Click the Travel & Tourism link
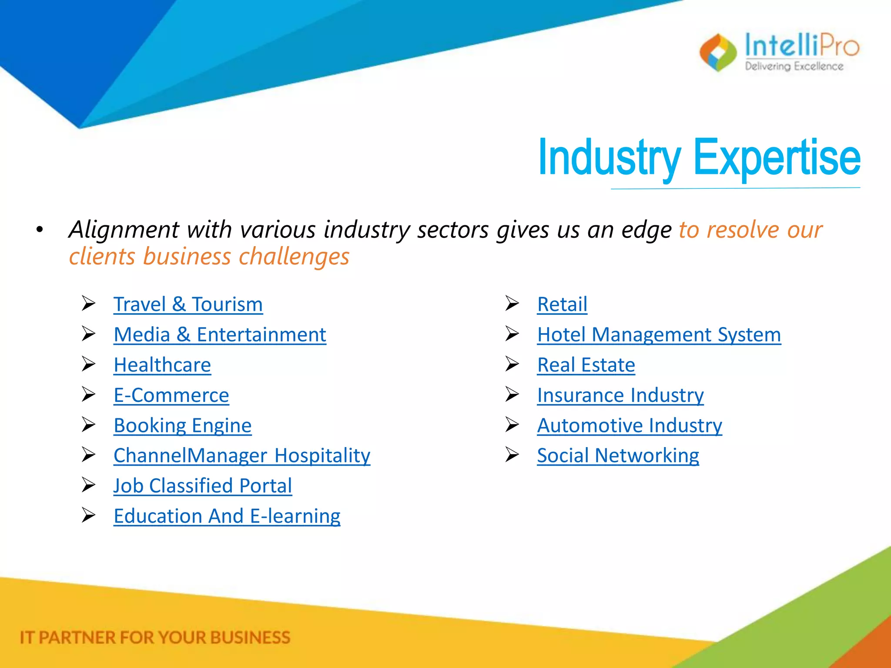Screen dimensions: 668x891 [x=188, y=304]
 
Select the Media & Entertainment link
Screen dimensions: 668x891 [x=220, y=335]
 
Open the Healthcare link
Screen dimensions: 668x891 [x=162, y=365]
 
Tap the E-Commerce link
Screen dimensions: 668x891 [x=171, y=395]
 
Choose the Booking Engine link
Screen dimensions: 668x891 [x=182, y=425]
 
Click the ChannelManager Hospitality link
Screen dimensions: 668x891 [x=242, y=456]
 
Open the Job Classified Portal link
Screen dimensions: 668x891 [x=202, y=486]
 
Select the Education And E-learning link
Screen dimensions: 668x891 [x=227, y=516]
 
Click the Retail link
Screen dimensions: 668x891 [x=562, y=304]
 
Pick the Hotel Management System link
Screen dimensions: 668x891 [x=659, y=335]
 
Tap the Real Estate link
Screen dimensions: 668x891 [x=586, y=365]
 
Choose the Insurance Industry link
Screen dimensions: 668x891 [x=620, y=395]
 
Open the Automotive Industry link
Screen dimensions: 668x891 [x=629, y=425]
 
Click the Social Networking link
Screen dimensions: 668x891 [x=618, y=456]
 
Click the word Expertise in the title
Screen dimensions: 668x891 [x=776, y=157]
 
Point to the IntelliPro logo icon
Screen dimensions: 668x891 [x=718, y=53]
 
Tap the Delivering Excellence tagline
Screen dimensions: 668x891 [x=794, y=67]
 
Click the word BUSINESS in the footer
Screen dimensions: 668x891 [x=250, y=638]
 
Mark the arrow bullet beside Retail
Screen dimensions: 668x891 [x=512, y=303]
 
